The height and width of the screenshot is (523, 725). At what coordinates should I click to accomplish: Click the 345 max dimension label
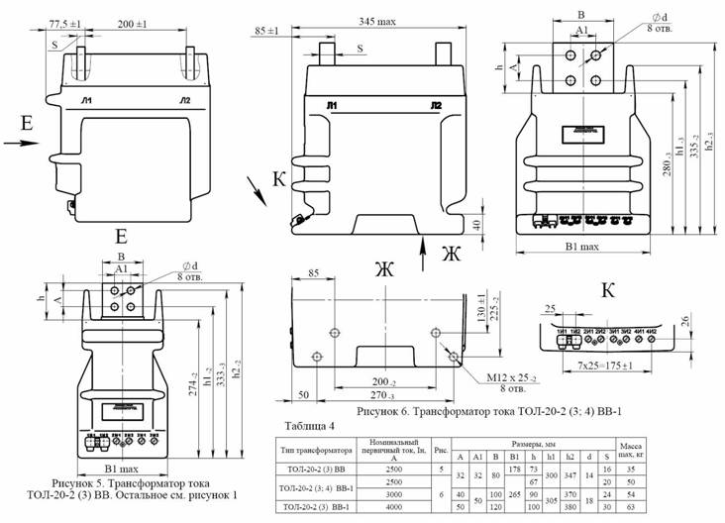coord(372,21)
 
